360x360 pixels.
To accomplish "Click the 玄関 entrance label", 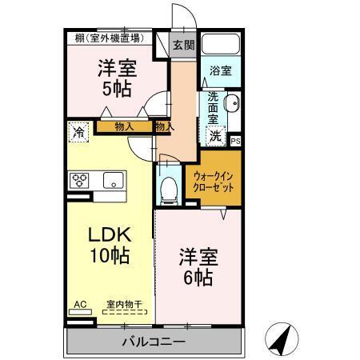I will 183,46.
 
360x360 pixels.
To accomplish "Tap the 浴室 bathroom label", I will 220,71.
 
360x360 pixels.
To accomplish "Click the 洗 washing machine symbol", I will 215,135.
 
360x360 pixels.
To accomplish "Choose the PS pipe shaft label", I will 235,141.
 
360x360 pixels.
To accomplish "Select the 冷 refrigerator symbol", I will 78,130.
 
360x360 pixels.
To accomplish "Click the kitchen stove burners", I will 79,179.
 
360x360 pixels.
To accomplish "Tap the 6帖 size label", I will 196,278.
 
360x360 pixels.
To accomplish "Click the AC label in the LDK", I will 79,304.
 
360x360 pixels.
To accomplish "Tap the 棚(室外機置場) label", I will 109,37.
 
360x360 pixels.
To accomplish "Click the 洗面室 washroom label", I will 214,108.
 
